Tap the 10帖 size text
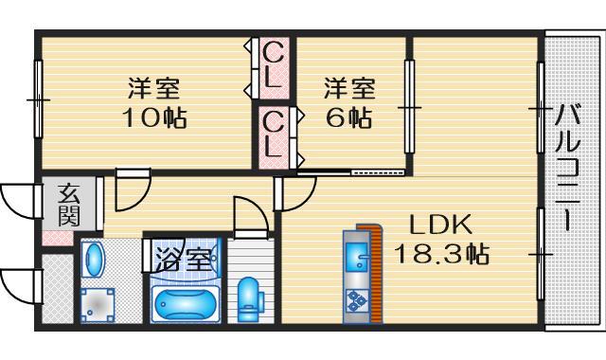point(154,119)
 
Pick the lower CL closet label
point(273,134)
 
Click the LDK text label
point(439,225)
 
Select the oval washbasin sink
point(92,261)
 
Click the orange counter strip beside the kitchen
point(374,275)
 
